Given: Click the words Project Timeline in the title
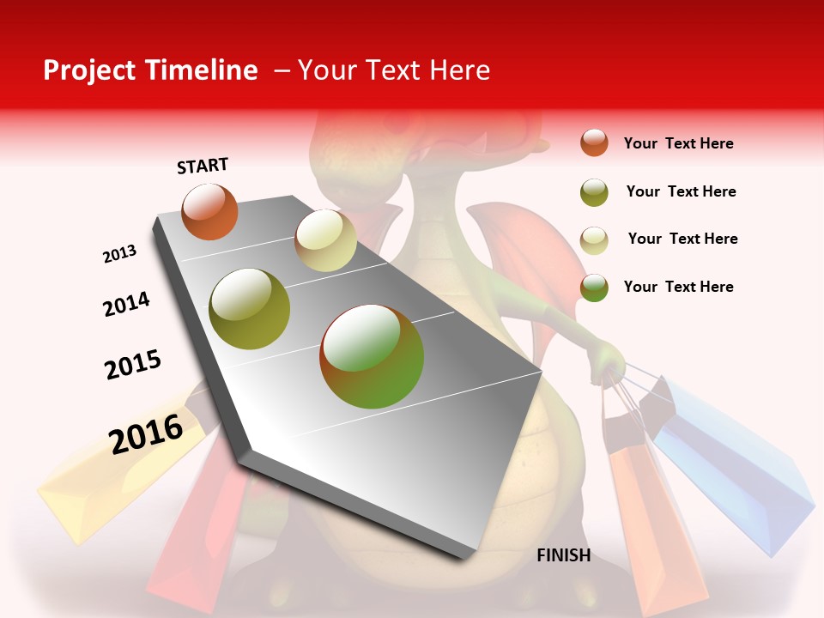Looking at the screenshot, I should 150,70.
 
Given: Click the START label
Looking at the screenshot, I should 203,166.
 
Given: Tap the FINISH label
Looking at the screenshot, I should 563,555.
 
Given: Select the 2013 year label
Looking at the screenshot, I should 120,254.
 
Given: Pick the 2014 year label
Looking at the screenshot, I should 126,304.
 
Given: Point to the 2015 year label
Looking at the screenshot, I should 133,364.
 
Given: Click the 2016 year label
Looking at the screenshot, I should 146,433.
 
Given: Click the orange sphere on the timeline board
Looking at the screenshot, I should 209,211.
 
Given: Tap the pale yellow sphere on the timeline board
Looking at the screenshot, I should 325,240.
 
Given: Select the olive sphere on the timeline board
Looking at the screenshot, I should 249,309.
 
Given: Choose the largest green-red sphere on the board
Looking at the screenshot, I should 372,356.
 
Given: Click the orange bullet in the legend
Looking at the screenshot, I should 594,143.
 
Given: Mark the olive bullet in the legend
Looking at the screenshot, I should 594,192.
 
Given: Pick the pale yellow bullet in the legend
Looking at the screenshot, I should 594,239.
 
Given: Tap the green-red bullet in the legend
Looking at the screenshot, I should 594,288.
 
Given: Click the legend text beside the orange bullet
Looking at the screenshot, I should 678,143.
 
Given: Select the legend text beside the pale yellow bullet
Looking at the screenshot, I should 682,239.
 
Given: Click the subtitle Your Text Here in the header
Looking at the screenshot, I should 394,70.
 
